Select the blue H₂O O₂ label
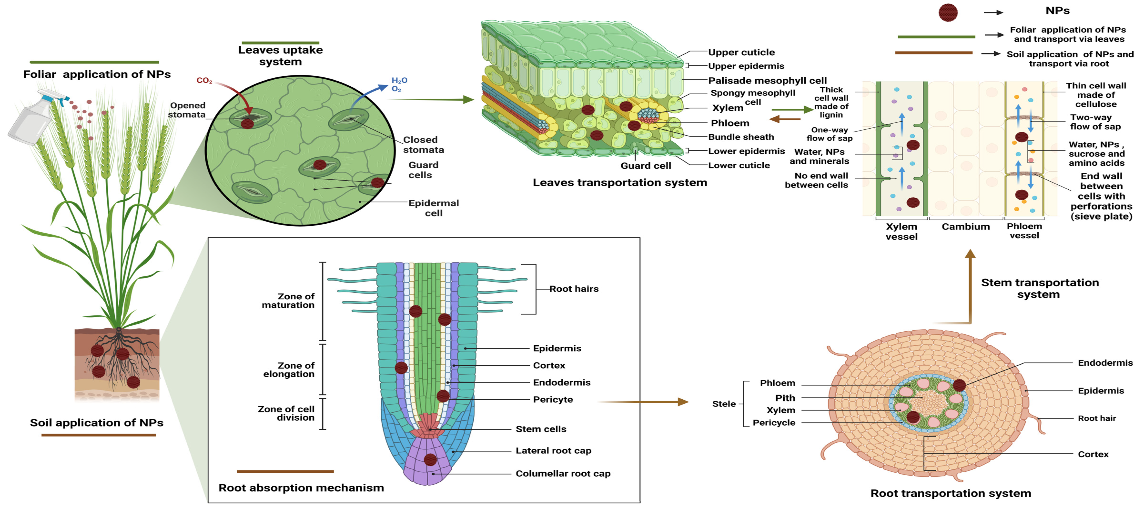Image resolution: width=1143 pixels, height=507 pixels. pyautogui.click(x=399, y=84)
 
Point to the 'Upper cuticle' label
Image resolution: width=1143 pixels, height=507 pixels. pyautogui.click(x=741, y=52)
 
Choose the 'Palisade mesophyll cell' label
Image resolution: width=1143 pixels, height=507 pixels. pyautogui.click(x=767, y=80)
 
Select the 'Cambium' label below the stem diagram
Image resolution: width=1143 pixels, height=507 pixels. pyautogui.click(x=965, y=226)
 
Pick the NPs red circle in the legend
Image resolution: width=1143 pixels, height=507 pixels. pyautogui.click(x=948, y=12)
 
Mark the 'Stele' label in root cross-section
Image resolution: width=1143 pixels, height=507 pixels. pyautogui.click(x=724, y=404)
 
